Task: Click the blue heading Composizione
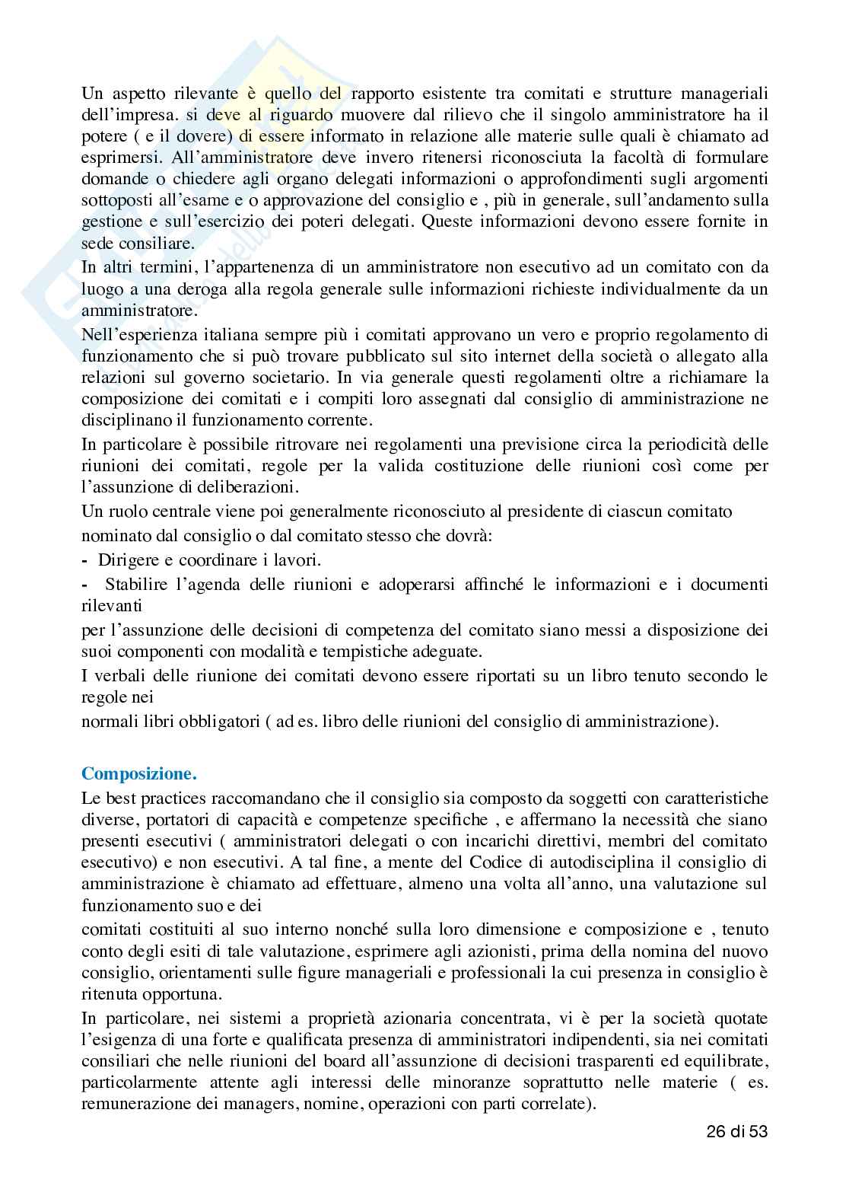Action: (139, 774)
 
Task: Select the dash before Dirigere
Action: (84, 560)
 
